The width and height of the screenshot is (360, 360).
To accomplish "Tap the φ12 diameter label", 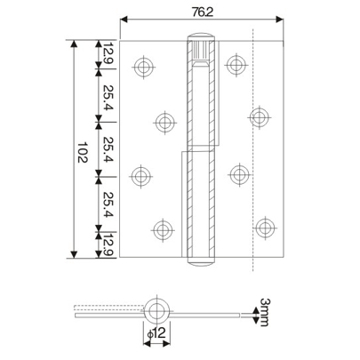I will pos(156,332).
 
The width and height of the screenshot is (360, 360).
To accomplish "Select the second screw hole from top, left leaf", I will pos(164,122).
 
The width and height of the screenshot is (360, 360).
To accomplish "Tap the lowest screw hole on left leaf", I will pos(164,230).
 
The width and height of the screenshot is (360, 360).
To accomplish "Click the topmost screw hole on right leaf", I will pos(236,64).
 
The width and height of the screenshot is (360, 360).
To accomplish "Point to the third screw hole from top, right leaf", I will pos(236,172).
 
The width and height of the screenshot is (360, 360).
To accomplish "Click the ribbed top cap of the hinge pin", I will pos(200,45).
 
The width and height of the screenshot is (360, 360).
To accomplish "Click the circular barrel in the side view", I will pos(156,310).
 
